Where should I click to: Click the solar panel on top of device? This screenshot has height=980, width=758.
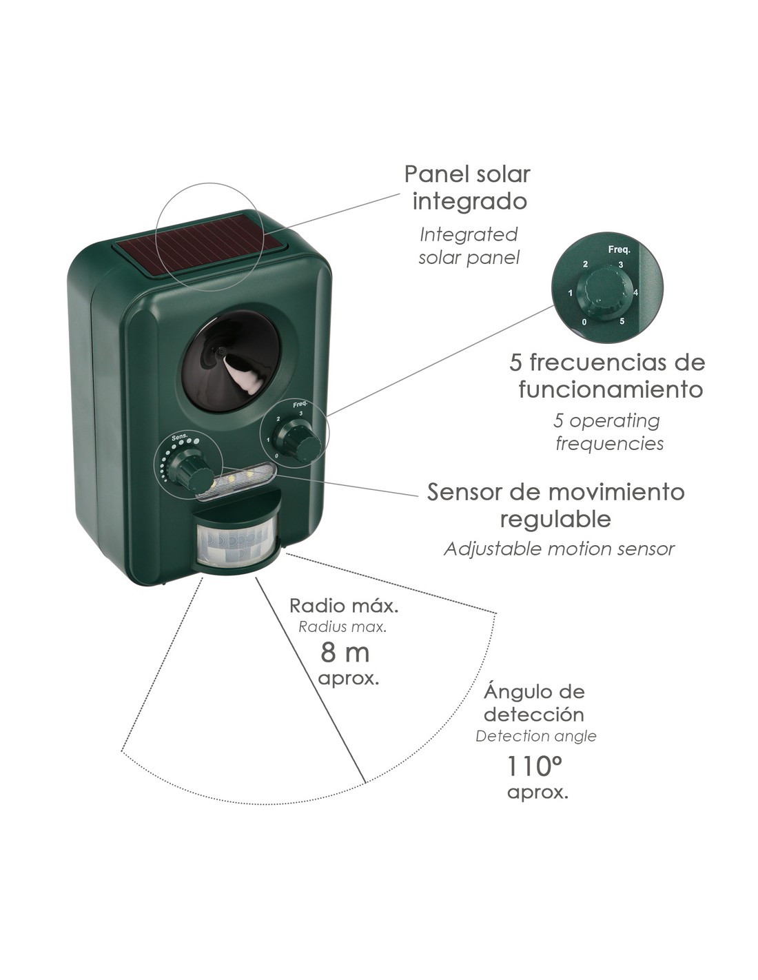[x=201, y=249]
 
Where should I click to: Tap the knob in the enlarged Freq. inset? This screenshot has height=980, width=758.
[x=605, y=292]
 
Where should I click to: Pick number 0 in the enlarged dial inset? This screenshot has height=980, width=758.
[x=584, y=322]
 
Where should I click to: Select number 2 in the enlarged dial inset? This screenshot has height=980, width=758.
[x=585, y=264]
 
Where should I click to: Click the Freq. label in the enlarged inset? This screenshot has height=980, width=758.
[x=619, y=249]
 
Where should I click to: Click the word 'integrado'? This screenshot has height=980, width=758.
[x=469, y=202]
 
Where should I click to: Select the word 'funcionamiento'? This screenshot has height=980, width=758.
[x=611, y=389]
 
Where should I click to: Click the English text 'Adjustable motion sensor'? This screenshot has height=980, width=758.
[x=559, y=549]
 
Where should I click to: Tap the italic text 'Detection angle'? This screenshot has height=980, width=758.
[x=535, y=737]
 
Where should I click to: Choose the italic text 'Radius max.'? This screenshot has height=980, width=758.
[x=342, y=627]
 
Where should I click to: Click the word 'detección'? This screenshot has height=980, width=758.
[x=534, y=715]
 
